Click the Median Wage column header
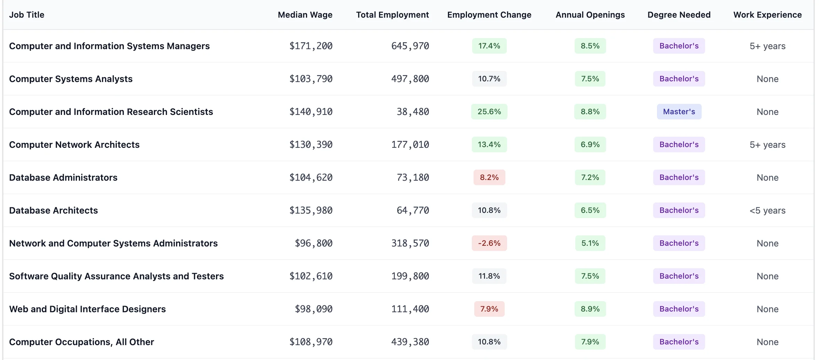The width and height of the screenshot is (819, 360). (305, 15)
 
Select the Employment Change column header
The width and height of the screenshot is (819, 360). (489, 15)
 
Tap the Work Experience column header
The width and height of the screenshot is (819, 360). (767, 15)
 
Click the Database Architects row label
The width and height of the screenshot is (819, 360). (53, 210)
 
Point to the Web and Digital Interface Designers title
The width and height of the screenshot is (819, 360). (87, 309)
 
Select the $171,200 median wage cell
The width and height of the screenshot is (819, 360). (310, 46)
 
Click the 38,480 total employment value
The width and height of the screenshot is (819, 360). (413, 112)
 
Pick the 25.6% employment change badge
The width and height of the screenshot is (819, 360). (489, 112)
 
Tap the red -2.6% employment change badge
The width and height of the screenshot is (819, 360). (489, 243)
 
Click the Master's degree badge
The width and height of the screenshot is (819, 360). (679, 112)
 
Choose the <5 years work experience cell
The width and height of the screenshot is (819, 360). (767, 210)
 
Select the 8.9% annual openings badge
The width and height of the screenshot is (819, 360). (590, 309)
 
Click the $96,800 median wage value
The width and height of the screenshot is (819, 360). (313, 243)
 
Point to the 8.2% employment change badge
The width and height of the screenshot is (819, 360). (489, 178)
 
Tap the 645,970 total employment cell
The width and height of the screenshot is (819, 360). (410, 46)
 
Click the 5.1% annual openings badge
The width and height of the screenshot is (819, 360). (590, 243)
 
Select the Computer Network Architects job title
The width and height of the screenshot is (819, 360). (74, 145)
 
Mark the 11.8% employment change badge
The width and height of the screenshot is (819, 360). (489, 276)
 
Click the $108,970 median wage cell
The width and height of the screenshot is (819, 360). (310, 342)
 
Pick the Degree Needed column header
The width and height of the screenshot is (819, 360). (678, 15)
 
